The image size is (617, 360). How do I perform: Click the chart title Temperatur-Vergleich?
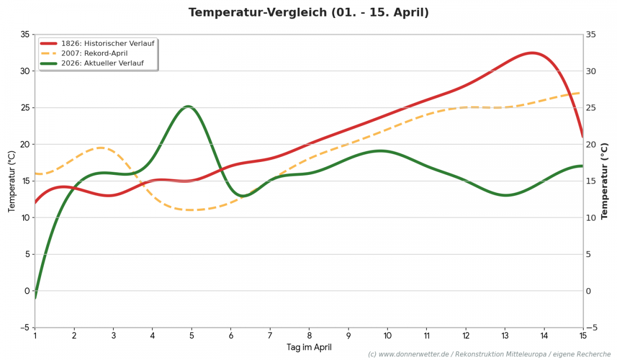click(x=308, y=12)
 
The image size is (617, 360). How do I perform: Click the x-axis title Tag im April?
click(x=308, y=348)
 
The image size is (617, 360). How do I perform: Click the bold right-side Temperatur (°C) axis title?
click(x=605, y=181)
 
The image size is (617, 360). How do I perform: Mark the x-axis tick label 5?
click(x=191, y=335)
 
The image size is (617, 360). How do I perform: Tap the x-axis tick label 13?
click(x=504, y=335)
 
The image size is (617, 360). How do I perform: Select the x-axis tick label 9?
click(x=348, y=335)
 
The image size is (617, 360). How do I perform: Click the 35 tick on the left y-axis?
click(x=25, y=34)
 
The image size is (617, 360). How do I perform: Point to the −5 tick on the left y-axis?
click(x=24, y=328)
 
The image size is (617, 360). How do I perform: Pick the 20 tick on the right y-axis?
click(x=591, y=145)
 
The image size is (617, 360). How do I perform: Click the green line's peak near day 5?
click(x=188, y=106)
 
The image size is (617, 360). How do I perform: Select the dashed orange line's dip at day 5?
click(x=191, y=210)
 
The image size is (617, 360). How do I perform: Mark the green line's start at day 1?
click(x=35, y=298)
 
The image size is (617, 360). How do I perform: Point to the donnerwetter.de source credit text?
click(x=489, y=354)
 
